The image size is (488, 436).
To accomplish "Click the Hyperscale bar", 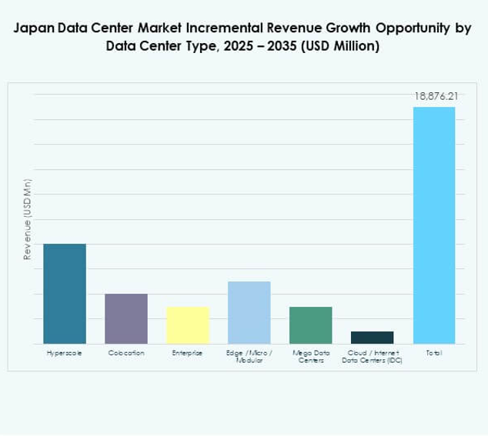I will coord(65,294).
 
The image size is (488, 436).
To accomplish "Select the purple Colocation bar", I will coord(126,318).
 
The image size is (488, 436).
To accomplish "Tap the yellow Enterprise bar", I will coord(188,325).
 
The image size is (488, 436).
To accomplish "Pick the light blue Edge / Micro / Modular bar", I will coord(249,312).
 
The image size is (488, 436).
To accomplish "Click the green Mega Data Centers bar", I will coord(311,325).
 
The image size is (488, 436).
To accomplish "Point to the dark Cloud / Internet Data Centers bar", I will coord(373,338).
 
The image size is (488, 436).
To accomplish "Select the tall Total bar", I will coord(434,225).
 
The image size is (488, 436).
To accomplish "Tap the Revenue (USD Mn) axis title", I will coord(28,219).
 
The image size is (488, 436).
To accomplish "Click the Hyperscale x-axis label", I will coord(65,353).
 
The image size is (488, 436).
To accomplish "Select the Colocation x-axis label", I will coord(126,353).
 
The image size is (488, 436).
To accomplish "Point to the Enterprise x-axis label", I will coord(188,353).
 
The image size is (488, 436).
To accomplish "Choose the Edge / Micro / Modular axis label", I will coord(249,356).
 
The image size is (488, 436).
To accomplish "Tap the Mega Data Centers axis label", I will coord(311,356).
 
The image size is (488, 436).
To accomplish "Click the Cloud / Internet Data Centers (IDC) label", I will coord(373,356).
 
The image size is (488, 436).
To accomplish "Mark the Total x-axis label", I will coord(434,353).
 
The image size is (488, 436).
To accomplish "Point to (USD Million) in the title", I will coord(336,46).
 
